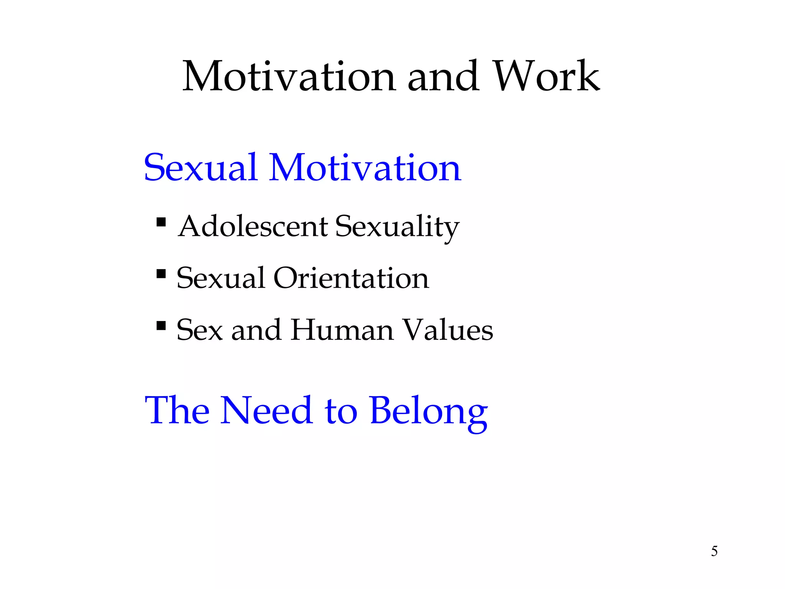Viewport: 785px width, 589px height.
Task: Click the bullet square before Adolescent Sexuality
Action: [161, 222]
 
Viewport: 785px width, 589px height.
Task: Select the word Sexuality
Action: [397, 227]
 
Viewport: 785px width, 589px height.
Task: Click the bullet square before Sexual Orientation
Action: [161, 274]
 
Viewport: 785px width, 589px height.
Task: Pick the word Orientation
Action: [351, 278]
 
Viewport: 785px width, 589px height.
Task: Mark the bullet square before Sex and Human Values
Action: [161, 326]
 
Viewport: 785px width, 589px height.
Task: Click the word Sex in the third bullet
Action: [199, 331]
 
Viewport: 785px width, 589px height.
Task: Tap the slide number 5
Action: [714, 551]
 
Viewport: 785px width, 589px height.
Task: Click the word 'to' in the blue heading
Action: [341, 411]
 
